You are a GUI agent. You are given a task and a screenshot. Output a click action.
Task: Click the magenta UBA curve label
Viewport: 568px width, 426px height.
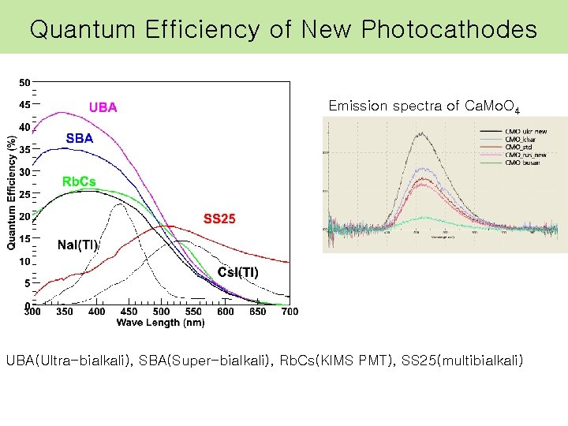(103, 107)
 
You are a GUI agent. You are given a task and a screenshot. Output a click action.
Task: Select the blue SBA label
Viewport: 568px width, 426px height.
(79, 138)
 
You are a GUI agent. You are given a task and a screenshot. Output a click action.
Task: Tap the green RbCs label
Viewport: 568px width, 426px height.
(79, 181)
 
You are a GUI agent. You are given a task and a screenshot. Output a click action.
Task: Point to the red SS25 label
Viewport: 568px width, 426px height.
(219, 219)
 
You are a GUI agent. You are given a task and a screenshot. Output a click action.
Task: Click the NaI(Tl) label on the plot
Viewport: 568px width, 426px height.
(77, 245)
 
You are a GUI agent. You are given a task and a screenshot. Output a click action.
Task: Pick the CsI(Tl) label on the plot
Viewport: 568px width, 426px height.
(237, 272)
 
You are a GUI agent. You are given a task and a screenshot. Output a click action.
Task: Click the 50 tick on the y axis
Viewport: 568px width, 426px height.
(24, 82)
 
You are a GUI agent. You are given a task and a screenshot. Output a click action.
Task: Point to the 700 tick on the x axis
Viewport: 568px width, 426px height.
(290, 312)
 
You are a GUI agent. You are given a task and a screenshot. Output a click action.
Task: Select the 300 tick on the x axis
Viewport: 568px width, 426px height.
(32, 312)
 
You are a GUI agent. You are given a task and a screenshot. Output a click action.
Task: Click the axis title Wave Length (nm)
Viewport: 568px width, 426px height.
(160, 323)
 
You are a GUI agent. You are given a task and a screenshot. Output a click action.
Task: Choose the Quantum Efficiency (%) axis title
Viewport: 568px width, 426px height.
(11, 193)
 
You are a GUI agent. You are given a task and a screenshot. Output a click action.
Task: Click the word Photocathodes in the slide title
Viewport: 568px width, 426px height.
(450, 30)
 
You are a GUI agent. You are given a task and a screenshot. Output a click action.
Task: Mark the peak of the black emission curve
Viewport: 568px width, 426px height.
(423, 133)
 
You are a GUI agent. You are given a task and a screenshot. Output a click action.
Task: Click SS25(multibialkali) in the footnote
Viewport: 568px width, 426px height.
(462, 361)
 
